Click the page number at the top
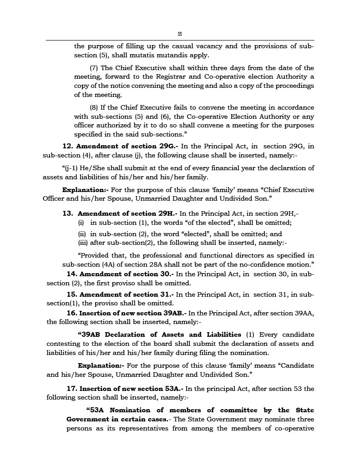coord(180,34)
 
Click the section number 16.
coord(71,313)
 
